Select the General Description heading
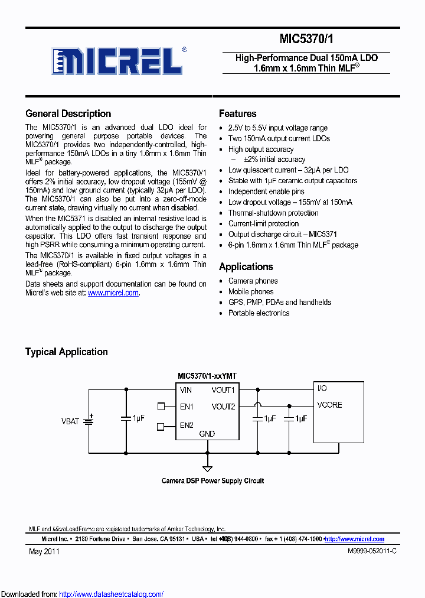[68, 114]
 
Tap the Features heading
[237, 114]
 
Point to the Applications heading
[246, 266]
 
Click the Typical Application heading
[66, 352]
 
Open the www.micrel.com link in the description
[113, 292]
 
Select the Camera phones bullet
[253, 281]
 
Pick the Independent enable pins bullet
[266, 191]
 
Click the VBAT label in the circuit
[70, 421]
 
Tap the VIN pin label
[186, 390]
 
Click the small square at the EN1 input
[161, 406]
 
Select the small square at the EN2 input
[161, 426]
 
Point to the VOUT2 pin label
[223, 407]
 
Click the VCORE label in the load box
[329, 405]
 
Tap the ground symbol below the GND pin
[207, 467]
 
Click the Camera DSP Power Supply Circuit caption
[212, 481]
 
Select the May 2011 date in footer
[44, 551]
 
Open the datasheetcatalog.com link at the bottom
[111, 594]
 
